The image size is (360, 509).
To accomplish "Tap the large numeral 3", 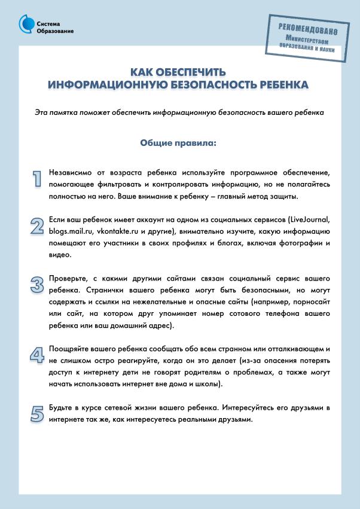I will point(38,285).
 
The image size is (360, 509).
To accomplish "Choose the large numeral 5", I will point(38,413).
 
